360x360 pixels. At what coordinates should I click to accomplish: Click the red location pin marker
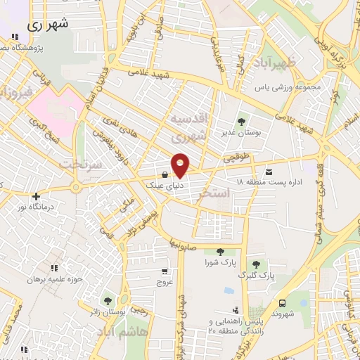click(x=181, y=165)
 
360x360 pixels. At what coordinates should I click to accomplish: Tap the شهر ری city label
click(x=50, y=24)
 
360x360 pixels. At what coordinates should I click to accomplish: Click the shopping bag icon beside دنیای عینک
click(x=164, y=174)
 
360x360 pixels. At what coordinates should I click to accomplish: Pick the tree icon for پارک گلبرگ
click(x=256, y=264)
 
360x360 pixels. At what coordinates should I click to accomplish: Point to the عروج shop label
click(x=164, y=281)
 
